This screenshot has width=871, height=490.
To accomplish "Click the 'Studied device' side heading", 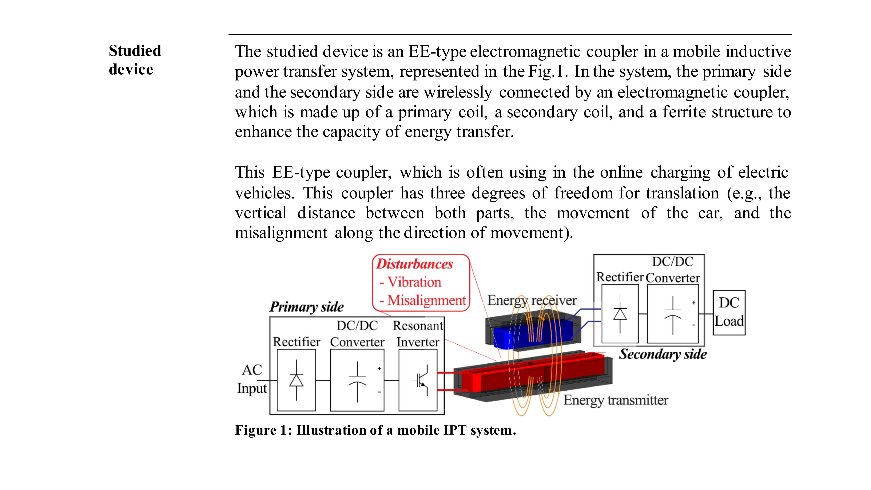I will coord(135,60).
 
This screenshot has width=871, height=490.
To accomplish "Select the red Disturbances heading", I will coord(414,264).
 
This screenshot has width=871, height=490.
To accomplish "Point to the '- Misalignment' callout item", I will coord(423,300).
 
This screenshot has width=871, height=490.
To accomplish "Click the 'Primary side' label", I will coord(306,307).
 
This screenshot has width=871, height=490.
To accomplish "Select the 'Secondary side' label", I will coord(663,354).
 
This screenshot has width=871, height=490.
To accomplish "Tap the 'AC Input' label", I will coord(252,379).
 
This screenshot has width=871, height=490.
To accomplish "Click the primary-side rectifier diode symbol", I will coord(296,380).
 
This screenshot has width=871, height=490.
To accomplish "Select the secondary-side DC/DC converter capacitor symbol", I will coord(673,314).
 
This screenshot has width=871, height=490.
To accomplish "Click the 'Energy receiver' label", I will coord(532,300).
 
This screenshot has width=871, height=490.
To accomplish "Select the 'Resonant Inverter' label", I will coord(418,334).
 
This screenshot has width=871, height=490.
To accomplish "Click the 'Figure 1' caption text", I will coord(375,430).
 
